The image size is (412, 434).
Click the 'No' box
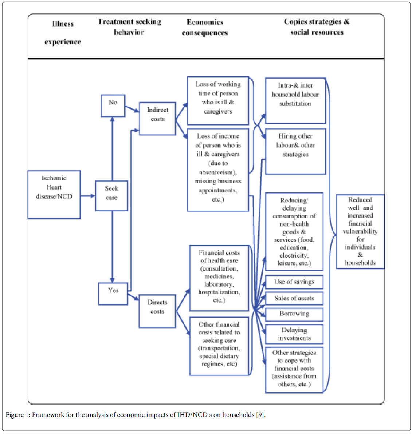click(x=113, y=106)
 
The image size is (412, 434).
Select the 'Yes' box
click(x=113, y=294)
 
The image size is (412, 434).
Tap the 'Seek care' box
click(x=112, y=196)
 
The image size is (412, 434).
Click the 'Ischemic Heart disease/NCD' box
click(x=54, y=195)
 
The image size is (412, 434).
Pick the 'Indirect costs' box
click(x=157, y=119)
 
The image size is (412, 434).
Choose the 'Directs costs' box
click(x=157, y=311)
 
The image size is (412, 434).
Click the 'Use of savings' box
click(x=294, y=282)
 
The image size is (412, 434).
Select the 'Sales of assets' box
click(x=294, y=298)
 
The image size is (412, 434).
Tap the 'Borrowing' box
click(x=294, y=314)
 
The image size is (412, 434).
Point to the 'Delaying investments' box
click(x=294, y=334)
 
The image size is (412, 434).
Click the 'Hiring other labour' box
click(x=295, y=151)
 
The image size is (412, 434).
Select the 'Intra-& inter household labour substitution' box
click(x=295, y=100)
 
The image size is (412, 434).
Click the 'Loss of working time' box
click(x=218, y=101)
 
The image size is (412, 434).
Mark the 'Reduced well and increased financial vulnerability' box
click(x=360, y=231)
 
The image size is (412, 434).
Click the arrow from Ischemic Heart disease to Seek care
click(x=88, y=196)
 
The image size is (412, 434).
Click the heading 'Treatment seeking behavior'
click(x=129, y=27)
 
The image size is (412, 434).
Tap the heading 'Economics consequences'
click(x=205, y=27)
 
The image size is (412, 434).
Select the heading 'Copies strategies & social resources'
click(x=317, y=27)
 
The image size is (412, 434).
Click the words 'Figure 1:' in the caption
click(x=18, y=415)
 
